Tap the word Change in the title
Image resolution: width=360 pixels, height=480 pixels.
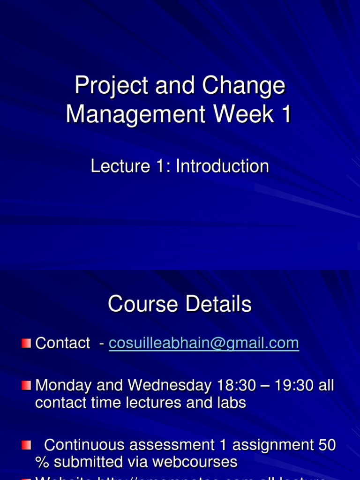click(x=243, y=86)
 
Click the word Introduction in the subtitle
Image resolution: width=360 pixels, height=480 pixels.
click(x=223, y=166)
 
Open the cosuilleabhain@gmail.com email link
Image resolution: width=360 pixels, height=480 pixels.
click(x=203, y=344)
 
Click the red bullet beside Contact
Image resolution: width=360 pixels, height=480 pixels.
click(x=26, y=344)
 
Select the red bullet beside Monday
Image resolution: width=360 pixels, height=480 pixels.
click(x=26, y=386)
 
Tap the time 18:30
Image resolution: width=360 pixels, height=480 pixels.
click(x=236, y=386)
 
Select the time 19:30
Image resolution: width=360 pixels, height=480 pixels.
click(x=295, y=386)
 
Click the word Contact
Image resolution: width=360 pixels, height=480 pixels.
click(x=63, y=344)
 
